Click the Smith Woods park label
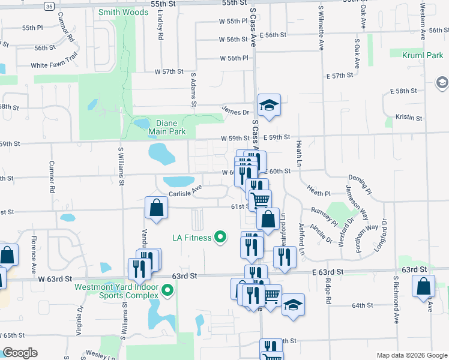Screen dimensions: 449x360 coord(124,12)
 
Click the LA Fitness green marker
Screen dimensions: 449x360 coord(220,238)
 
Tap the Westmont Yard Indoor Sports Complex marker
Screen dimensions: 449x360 coord(167,292)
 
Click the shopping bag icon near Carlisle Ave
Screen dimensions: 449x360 coord(156,208)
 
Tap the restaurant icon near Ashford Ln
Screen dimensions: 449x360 coord(285,256)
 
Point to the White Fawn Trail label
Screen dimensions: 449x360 coord(55,65)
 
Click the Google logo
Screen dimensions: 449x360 coord(20,353)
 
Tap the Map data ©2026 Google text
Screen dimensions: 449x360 coord(412,355)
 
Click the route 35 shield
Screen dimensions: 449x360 coord(49,5)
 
